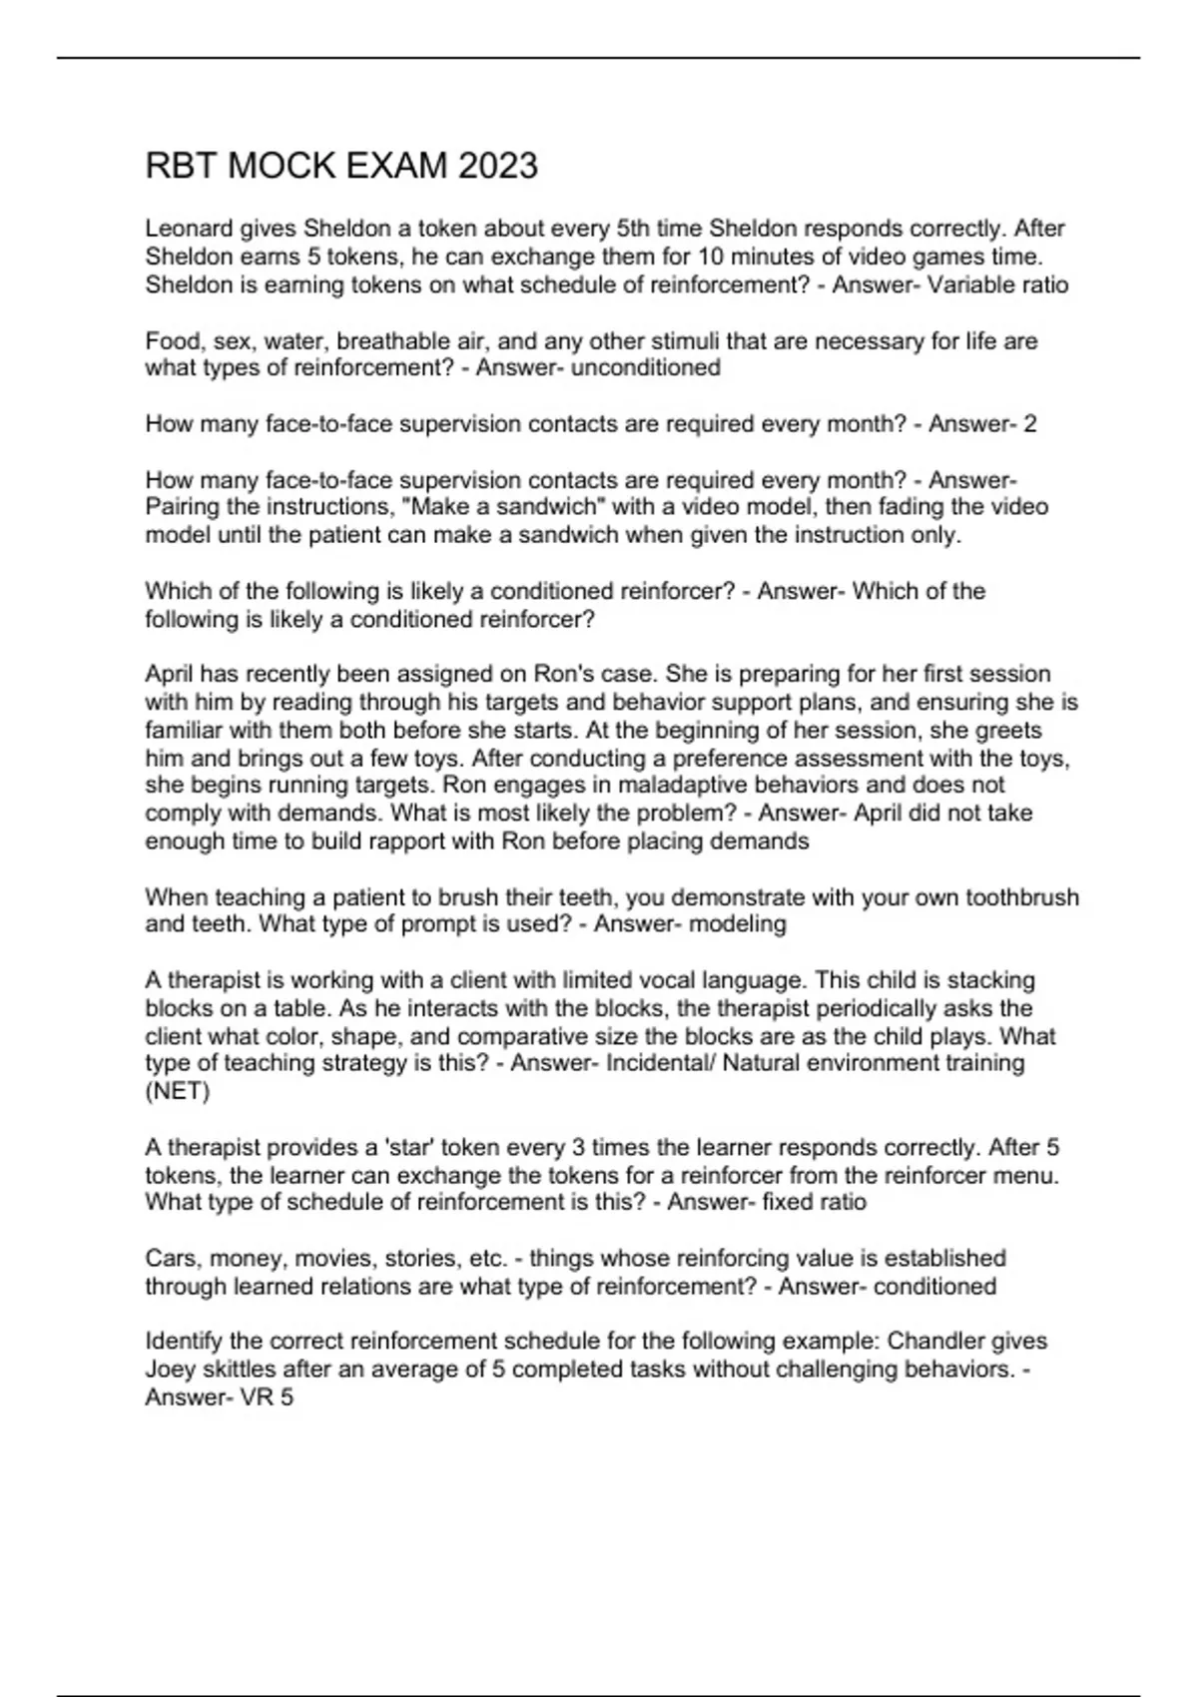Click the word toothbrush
[1022, 897]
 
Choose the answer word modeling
[738, 924]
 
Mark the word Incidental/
[660, 1063]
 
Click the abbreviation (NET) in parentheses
[178, 1091]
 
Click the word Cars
[171, 1258]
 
